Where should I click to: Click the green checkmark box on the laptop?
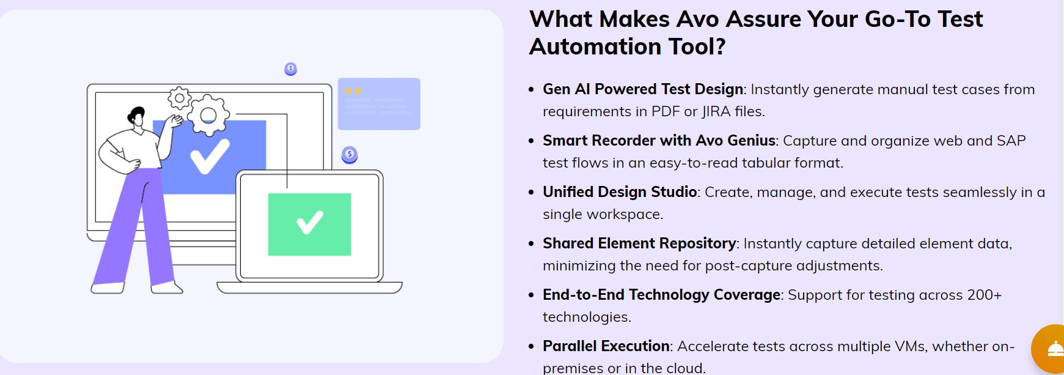coord(309,225)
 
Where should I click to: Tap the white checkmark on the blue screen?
coord(210,157)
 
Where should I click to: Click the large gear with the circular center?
coord(208,115)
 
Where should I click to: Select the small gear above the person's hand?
coord(180,98)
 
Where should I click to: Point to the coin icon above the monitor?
coord(291,69)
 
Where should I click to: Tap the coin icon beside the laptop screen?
coord(350,155)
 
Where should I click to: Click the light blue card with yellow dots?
coord(379,104)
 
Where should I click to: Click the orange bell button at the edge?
coord(1049,349)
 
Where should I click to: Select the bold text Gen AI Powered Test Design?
coord(643,89)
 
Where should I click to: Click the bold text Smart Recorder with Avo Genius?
coord(659,141)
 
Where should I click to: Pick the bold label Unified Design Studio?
coord(620,192)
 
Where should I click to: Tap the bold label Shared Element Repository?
coord(639,243)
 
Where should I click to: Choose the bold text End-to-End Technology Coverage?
coord(662,295)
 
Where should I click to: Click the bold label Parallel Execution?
coord(606,346)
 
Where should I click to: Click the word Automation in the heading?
coord(595,46)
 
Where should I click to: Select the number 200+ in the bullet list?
coord(985,295)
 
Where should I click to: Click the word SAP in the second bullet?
coord(1011,141)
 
